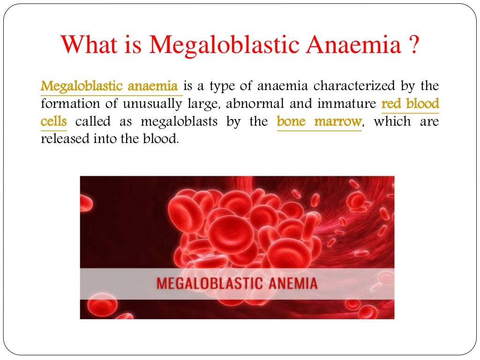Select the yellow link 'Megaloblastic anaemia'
click(x=110, y=87)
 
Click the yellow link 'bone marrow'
click(x=319, y=122)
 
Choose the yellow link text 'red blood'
click(x=410, y=104)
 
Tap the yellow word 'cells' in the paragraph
click(x=53, y=122)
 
